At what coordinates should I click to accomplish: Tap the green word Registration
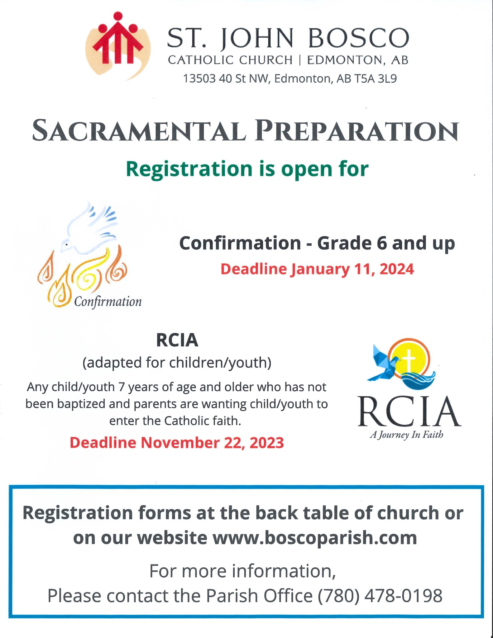tap(189, 169)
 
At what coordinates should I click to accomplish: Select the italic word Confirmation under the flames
tap(108, 302)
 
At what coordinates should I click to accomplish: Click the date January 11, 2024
tap(352, 269)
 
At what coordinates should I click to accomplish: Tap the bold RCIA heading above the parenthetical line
tap(177, 340)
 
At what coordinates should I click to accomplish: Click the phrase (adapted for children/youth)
tap(177, 363)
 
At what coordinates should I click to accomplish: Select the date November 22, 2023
tap(212, 443)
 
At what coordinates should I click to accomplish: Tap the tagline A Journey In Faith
tap(406, 435)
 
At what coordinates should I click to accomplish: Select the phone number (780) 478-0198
tap(380, 596)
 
